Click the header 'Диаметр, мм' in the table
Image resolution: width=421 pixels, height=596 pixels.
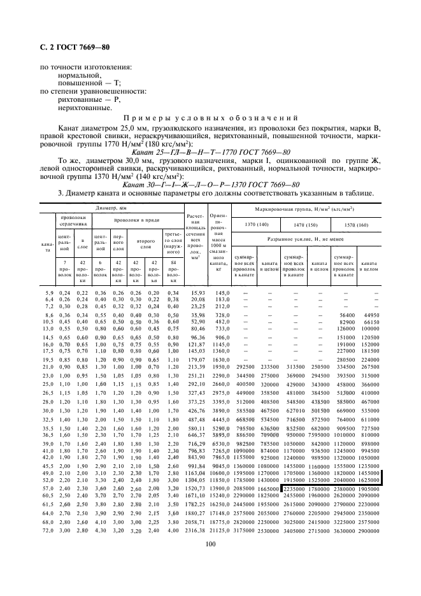(111, 208)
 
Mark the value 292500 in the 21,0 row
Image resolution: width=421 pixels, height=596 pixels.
(245, 367)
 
